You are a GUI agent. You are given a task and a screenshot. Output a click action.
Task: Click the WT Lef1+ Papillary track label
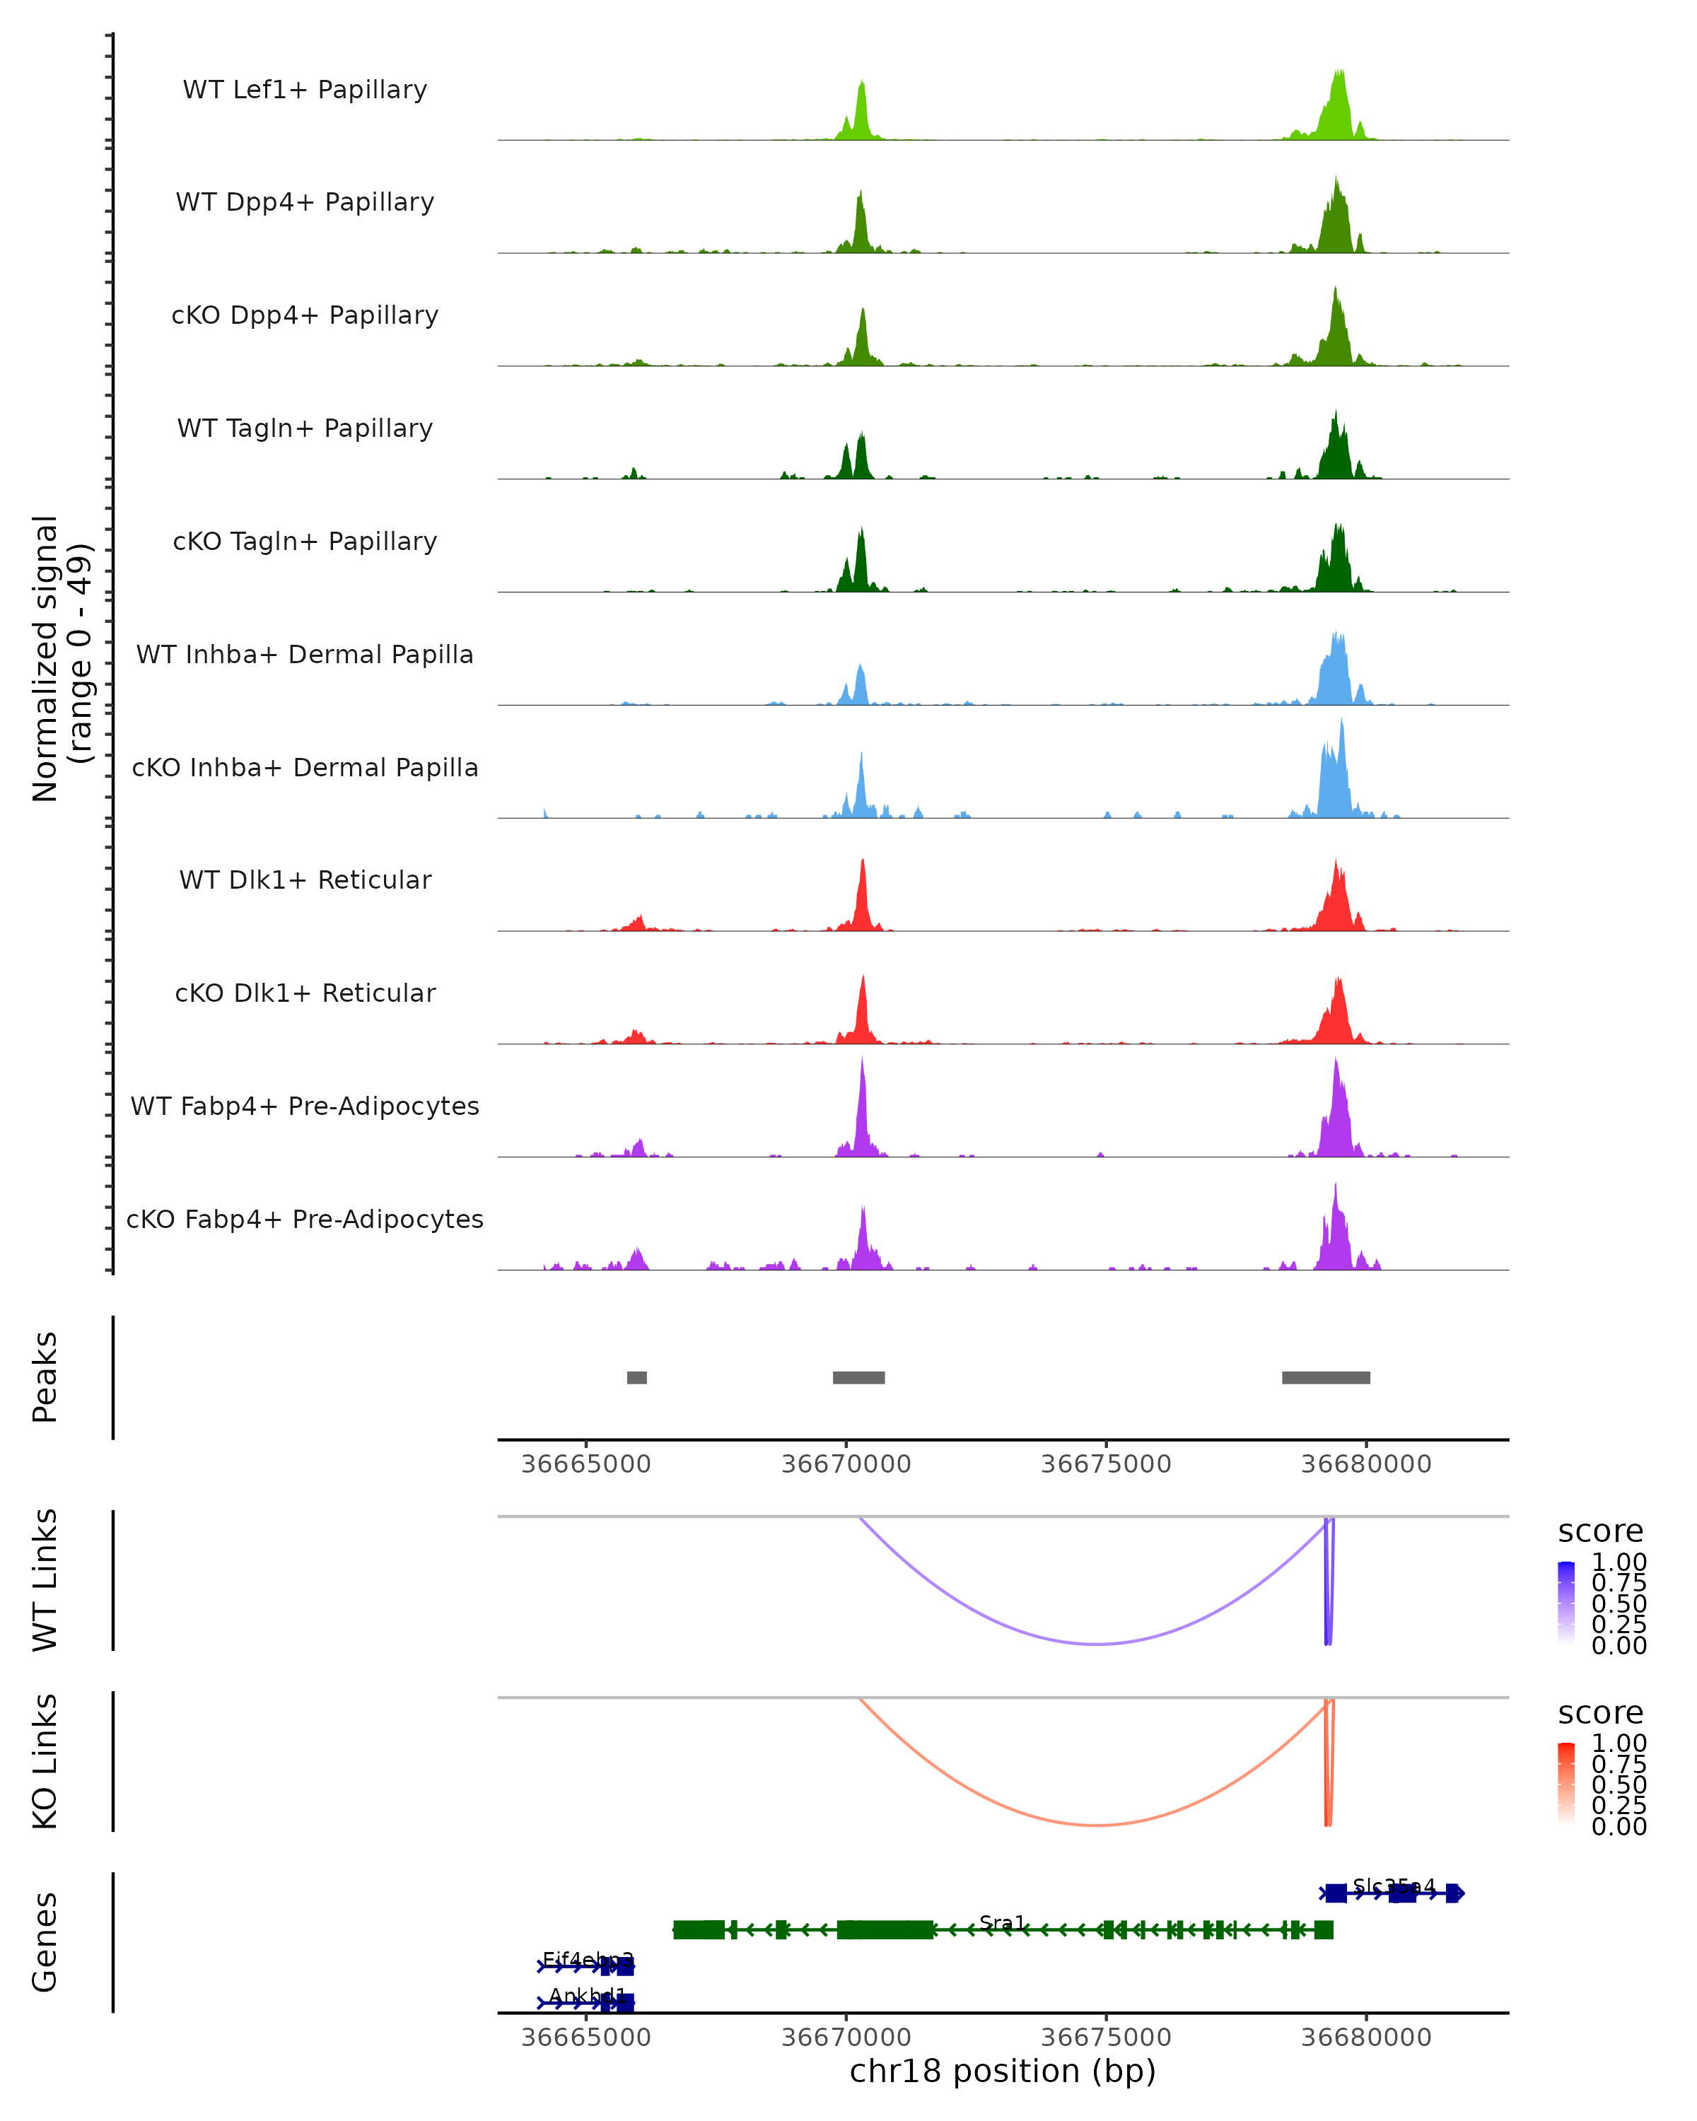[305, 90]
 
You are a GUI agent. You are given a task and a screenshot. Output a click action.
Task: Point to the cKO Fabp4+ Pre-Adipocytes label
[305, 1219]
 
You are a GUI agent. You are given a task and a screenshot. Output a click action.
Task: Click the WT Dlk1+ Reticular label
[305, 880]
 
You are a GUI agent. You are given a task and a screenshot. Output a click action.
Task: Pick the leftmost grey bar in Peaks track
[636, 1377]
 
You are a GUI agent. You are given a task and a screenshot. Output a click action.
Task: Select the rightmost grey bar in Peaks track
[1325, 1377]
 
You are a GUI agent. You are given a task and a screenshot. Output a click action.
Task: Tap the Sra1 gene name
[1003, 1923]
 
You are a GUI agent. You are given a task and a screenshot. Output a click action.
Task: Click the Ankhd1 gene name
[588, 1996]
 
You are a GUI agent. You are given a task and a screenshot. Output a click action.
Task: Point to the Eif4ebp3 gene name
[588, 1960]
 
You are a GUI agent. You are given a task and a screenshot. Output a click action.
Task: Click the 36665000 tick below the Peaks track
[586, 1464]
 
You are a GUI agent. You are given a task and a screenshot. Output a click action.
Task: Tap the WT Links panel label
[45, 1580]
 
